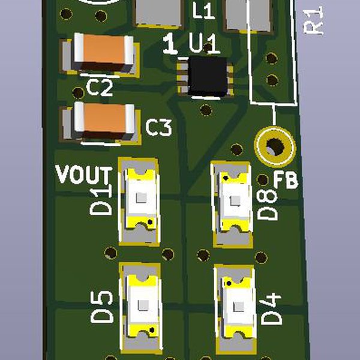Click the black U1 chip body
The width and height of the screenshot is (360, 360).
(x=208, y=76)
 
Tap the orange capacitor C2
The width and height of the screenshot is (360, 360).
(x=104, y=52)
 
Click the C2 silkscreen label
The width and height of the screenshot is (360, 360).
(x=100, y=88)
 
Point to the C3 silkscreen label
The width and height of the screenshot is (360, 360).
(x=158, y=127)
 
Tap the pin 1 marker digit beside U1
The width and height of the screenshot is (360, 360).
(x=170, y=43)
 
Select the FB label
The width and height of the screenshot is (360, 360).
(x=286, y=180)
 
